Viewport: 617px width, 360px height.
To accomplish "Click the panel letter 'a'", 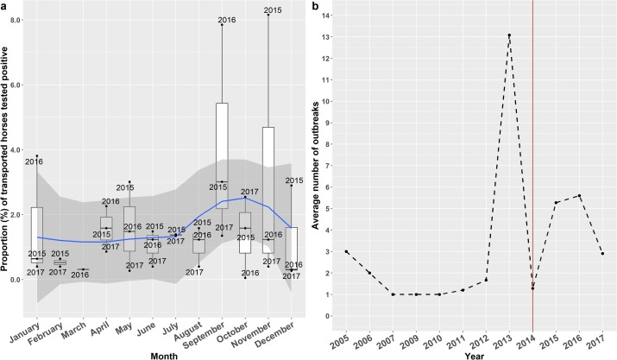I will [x=5, y=5].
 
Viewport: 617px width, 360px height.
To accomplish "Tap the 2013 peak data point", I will [x=509, y=35].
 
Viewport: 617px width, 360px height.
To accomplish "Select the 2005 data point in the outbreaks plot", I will [x=346, y=251].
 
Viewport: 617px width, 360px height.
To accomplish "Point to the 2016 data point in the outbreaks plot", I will [x=579, y=196].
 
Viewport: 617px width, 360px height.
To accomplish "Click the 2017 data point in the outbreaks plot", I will [x=602, y=254].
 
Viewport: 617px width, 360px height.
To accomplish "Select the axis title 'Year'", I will [x=474, y=352].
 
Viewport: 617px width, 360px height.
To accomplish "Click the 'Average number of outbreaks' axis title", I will [x=316, y=164].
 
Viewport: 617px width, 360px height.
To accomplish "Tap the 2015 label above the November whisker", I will [x=273, y=9].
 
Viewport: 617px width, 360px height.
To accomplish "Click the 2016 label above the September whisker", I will [x=227, y=19].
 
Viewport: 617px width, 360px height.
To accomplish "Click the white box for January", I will [x=36, y=233].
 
